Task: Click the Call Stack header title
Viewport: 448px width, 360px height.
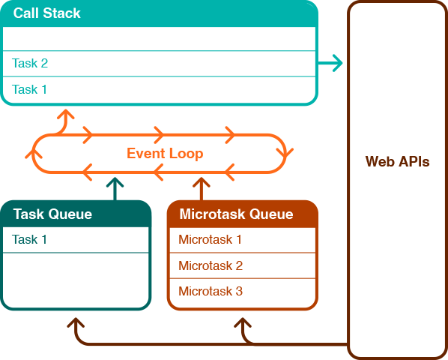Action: (47, 13)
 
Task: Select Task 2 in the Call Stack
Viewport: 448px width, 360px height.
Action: (30, 64)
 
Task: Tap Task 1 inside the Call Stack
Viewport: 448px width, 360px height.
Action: (30, 89)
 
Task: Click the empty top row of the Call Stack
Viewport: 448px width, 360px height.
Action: (159, 38)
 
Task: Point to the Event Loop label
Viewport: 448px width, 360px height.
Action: (165, 154)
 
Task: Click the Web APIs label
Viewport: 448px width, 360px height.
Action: (397, 161)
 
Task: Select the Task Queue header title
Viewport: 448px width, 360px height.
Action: (52, 214)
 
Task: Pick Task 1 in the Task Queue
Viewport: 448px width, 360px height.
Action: (30, 240)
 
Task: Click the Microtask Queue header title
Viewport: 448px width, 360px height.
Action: (236, 214)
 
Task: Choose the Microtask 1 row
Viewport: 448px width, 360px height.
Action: (211, 240)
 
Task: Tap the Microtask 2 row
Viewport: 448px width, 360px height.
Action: (211, 265)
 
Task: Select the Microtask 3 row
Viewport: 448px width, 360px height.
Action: (211, 291)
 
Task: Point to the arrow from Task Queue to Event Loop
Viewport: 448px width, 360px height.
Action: (115, 189)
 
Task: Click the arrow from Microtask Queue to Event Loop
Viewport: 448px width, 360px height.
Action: (202, 189)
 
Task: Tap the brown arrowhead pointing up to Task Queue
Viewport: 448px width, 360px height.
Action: (75, 323)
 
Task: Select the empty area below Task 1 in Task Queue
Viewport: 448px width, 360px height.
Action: (75, 279)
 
